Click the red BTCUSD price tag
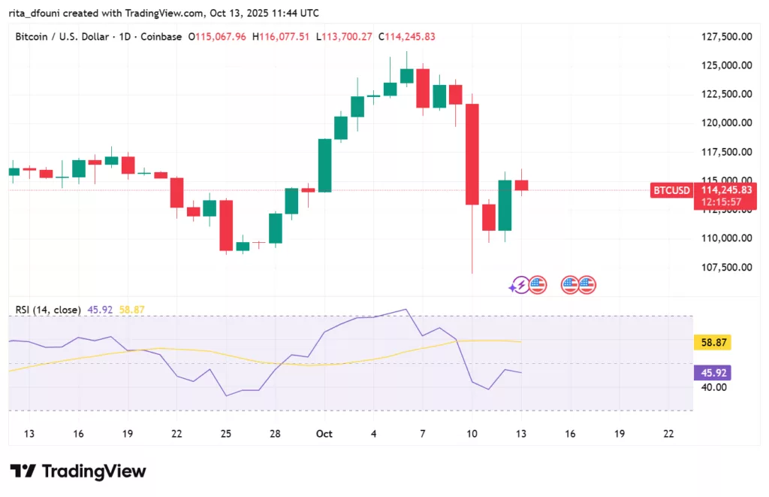pyautogui.click(x=671, y=191)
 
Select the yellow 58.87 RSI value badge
pyautogui.click(x=711, y=343)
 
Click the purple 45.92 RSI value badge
pyautogui.click(x=711, y=373)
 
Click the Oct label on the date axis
pyautogui.click(x=324, y=434)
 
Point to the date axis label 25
pyautogui.click(x=226, y=434)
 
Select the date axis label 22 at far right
pyautogui.click(x=668, y=434)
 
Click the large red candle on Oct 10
pyautogui.click(x=472, y=154)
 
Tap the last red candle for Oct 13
pyautogui.click(x=521, y=185)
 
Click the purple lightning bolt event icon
pyautogui.click(x=519, y=285)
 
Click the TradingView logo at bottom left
pyautogui.click(x=78, y=471)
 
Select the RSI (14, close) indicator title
pyautogui.click(x=46, y=309)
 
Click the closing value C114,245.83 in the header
pyautogui.click(x=406, y=36)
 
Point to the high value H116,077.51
pyautogui.click(x=282, y=36)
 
